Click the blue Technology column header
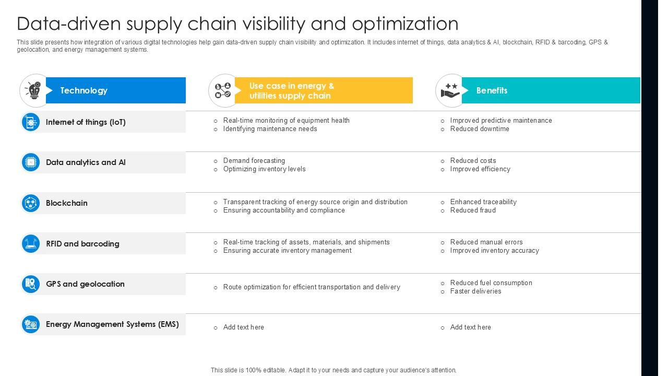(x=115, y=90)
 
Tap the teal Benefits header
(x=550, y=90)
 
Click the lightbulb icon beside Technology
(x=34, y=90)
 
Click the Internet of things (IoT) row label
(x=86, y=122)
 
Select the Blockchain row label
(x=67, y=203)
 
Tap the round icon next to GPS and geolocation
(x=31, y=284)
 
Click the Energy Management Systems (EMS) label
(x=112, y=324)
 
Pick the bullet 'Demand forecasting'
(x=254, y=161)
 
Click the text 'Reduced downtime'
(x=480, y=129)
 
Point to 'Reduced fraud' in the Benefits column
(x=473, y=210)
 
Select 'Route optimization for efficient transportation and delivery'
(x=312, y=287)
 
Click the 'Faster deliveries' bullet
(x=475, y=291)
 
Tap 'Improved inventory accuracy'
(x=494, y=251)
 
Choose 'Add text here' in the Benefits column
(x=470, y=327)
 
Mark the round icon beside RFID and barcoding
(x=31, y=243)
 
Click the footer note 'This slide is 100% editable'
(x=333, y=370)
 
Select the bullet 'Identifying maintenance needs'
(x=270, y=129)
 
